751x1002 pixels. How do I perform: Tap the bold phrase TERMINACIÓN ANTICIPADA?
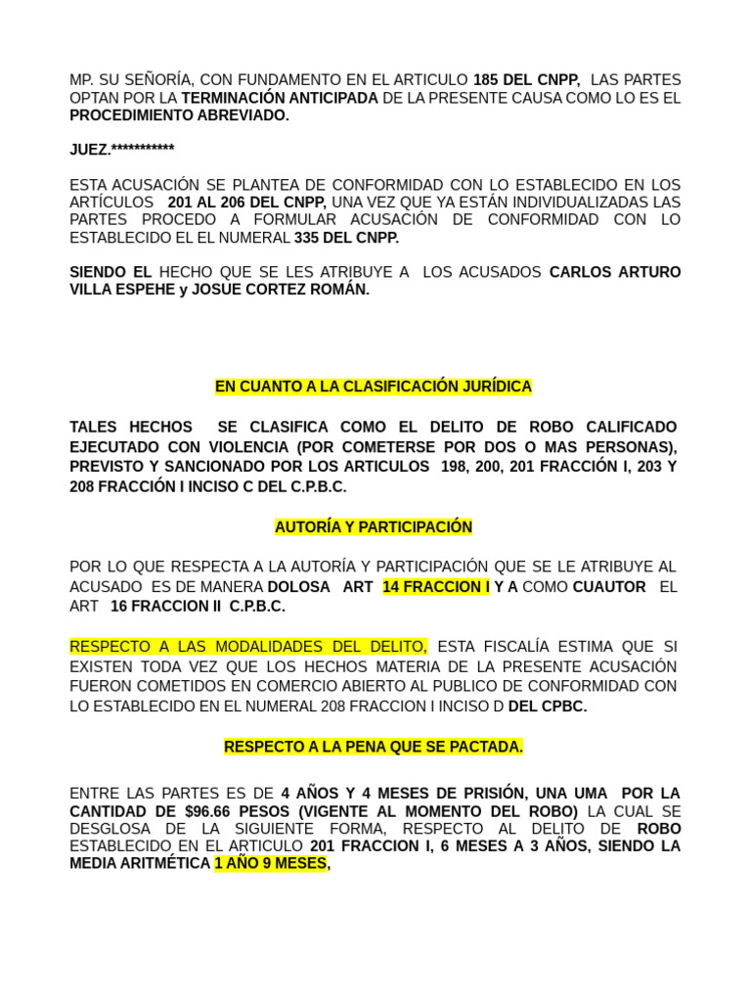[280, 98]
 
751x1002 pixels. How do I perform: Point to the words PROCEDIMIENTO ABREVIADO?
[179, 115]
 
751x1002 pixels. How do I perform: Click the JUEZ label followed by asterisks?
[121, 150]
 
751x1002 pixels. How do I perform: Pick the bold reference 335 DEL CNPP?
[346, 238]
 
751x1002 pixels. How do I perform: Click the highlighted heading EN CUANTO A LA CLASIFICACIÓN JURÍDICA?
[374, 387]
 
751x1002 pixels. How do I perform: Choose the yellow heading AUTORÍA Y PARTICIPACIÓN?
[374, 527]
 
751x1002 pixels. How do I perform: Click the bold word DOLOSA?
[298, 587]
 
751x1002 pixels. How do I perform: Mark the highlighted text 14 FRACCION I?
[435, 587]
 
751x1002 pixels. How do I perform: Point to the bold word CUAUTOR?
[608, 587]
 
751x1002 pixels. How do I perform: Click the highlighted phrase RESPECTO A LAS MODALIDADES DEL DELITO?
[248, 647]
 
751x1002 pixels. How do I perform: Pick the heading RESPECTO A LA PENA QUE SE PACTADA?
[374, 747]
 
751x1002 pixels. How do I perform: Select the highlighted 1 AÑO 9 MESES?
[271, 864]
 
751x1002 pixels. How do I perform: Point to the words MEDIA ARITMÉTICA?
[140, 864]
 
